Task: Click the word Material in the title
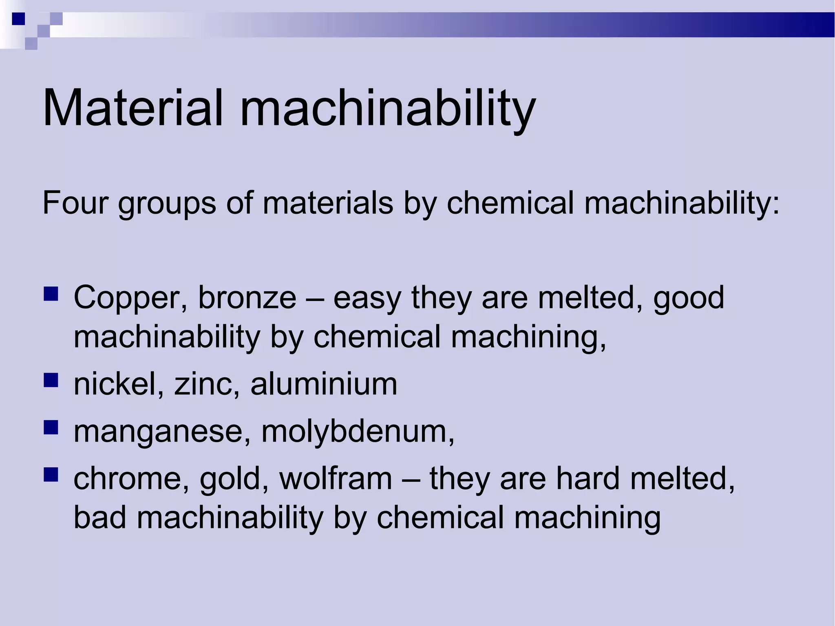point(133,108)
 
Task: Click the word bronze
point(247,298)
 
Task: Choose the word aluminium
point(324,384)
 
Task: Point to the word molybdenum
point(357,431)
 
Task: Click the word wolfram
point(336,478)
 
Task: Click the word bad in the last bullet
point(99,517)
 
